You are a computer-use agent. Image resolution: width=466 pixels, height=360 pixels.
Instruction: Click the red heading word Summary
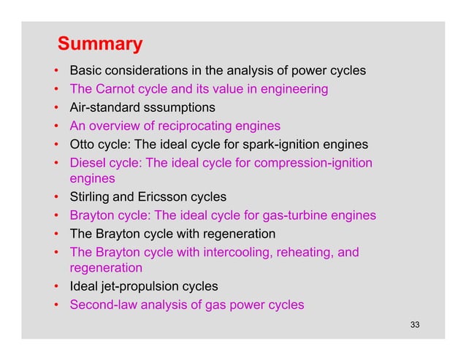click(x=100, y=45)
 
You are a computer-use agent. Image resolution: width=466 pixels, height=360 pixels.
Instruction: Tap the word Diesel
click(x=88, y=161)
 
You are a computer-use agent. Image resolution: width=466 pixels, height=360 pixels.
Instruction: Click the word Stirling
click(x=91, y=197)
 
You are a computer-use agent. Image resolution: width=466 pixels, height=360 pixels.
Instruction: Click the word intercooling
click(x=213, y=252)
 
